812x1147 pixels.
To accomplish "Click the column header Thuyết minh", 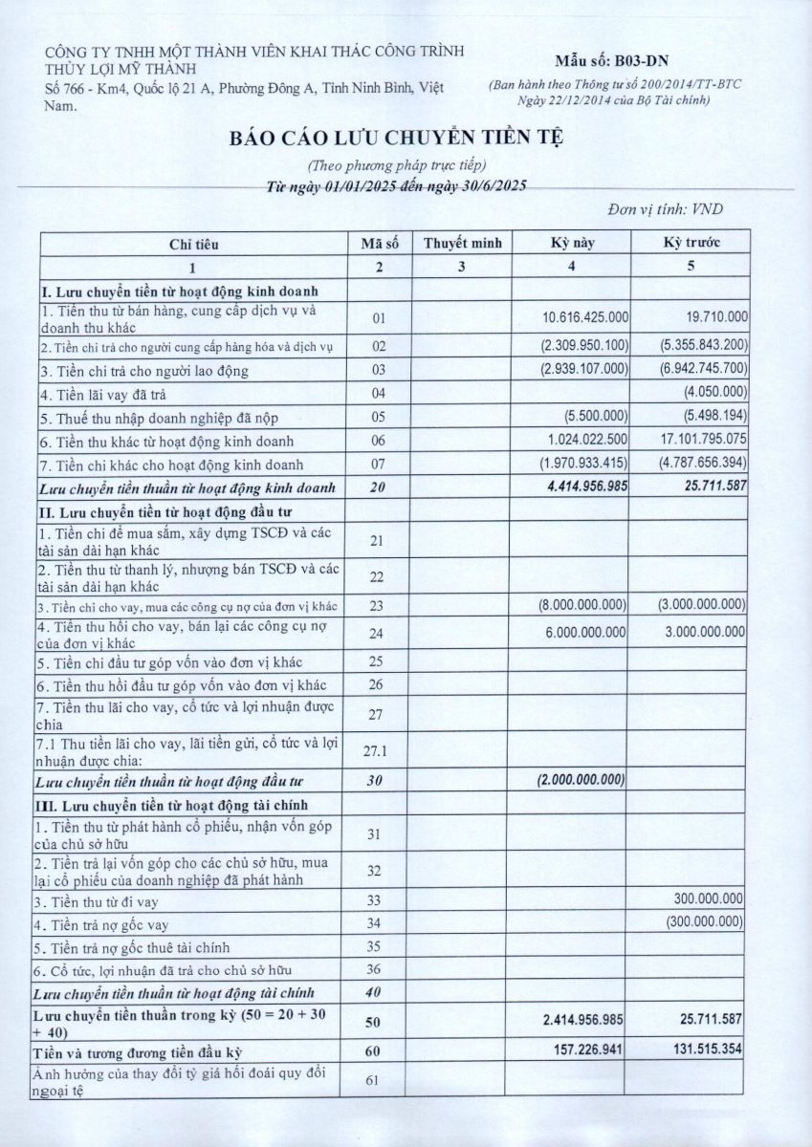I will coord(461,243).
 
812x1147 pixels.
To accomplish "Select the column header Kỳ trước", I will coord(691,243).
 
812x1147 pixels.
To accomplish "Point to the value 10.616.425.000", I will coord(584,317).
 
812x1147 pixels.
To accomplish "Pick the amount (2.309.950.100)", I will coord(582,344).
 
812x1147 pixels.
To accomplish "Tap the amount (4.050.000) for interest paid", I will coord(714,393).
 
